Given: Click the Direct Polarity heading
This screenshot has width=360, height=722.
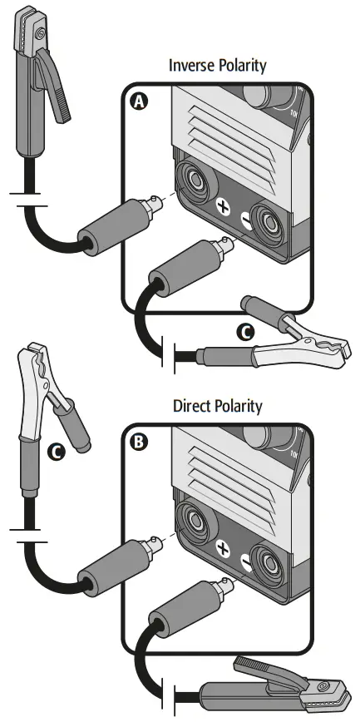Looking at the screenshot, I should click(x=217, y=407).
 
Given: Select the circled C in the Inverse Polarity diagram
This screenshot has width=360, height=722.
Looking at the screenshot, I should click(x=245, y=333).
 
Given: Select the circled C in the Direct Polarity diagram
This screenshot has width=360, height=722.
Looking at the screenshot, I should click(x=56, y=452).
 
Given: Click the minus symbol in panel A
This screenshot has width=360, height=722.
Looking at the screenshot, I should click(x=244, y=219).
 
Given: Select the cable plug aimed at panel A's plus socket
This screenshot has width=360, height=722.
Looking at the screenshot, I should click(x=116, y=230).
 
